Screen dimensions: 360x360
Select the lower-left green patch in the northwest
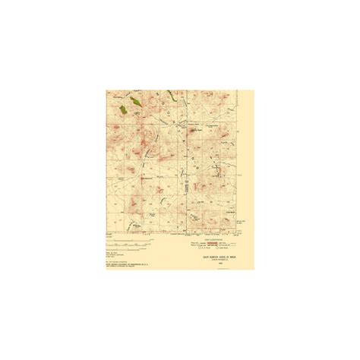point(123,109)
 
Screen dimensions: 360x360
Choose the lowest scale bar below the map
point(137,248)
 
